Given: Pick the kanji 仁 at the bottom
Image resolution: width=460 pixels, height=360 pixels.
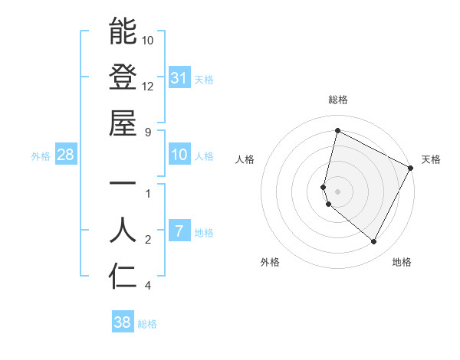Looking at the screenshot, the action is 123,277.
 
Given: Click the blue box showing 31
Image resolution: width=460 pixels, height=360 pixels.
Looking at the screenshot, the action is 179,77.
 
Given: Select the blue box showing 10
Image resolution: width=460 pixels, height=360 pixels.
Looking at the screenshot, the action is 179,155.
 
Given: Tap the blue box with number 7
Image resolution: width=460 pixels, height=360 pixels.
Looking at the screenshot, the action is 179,231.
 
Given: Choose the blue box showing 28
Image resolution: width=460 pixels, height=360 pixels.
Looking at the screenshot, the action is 66,155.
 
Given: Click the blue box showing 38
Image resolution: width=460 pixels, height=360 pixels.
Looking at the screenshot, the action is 123,322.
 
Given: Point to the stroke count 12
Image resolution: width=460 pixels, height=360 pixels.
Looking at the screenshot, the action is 148,86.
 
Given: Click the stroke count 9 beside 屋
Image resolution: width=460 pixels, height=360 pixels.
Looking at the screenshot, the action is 148,132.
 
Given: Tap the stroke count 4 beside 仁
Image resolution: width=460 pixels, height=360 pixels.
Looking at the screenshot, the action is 148,286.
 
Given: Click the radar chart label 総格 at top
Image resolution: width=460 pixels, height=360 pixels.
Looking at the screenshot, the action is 338,100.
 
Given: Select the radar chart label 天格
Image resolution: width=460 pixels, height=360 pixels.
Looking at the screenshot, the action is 431,159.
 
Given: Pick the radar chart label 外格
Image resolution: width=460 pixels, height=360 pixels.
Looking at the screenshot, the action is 270,262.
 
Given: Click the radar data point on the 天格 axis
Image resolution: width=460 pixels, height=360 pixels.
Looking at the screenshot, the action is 410,168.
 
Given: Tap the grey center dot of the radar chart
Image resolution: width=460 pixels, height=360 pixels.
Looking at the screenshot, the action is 337,191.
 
